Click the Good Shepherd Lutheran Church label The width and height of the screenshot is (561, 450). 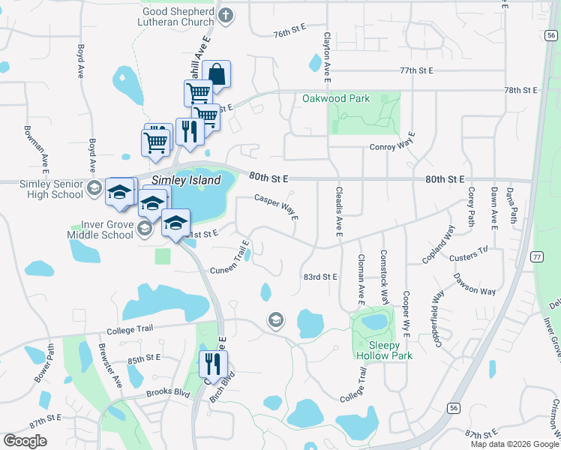(x=177, y=17)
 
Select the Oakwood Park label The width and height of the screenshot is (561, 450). (x=336, y=98)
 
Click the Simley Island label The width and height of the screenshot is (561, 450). (x=186, y=181)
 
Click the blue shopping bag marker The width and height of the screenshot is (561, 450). (x=216, y=74)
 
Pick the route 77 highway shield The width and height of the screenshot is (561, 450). (x=537, y=256)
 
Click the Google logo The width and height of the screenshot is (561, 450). (x=25, y=441)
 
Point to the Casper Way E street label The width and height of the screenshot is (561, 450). (x=277, y=207)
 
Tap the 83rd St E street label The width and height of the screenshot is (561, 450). (x=320, y=277)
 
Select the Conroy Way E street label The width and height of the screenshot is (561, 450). (x=392, y=147)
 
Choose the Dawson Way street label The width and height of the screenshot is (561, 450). (x=474, y=284)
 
